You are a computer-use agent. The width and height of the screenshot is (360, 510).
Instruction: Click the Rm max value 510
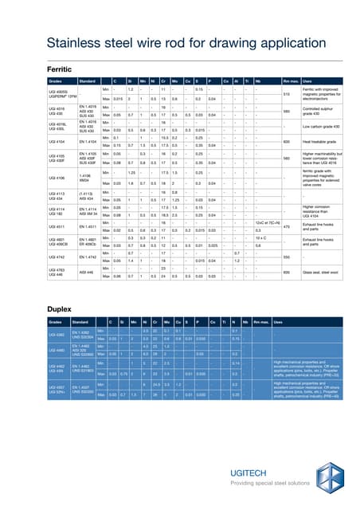(285, 94)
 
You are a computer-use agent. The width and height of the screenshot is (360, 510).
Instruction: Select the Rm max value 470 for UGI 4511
(284, 226)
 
